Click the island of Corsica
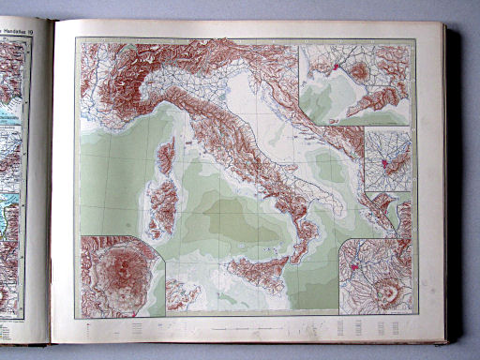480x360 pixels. pyautogui.click(x=166, y=156)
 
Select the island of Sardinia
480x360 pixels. pyautogui.click(x=161, y=206)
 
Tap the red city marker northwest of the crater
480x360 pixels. pyautogui.click(x=355, y=271)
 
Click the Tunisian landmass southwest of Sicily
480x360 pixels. pyautogui.click(x=183, y=294)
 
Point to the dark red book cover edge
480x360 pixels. pyautogui.click(x=453, y=187)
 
